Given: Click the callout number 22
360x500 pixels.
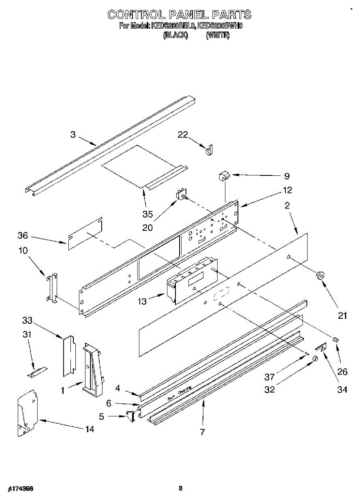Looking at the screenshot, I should point(182,135).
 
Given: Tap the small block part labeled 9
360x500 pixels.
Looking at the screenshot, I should point(224,175).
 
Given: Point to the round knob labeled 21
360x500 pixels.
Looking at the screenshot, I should point(320,275).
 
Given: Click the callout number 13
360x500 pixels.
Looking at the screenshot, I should point(142,301).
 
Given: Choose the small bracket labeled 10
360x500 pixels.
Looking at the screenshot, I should point(52,287).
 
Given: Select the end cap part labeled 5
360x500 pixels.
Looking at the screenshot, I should point(130,415).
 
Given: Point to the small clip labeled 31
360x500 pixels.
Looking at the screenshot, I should point(37,372).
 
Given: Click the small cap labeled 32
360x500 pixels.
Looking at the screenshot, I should point(316,358).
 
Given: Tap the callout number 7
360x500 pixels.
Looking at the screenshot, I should point(202,432).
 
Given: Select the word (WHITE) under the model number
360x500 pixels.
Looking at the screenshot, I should point(217,35).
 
